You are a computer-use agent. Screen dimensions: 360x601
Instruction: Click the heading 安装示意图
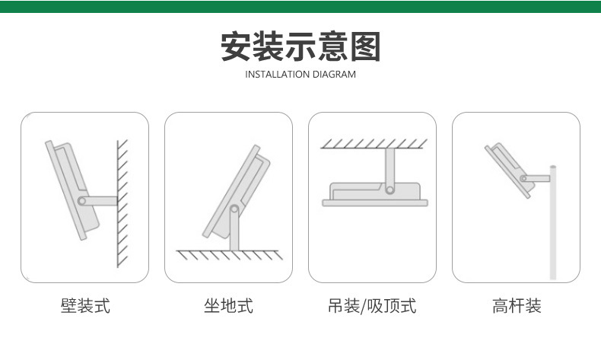click(300, 46)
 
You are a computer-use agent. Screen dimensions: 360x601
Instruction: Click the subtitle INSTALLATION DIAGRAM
click(300, 75)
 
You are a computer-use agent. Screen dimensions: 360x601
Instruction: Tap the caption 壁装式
click(85, 307)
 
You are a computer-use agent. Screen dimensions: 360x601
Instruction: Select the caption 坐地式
click(228, 307)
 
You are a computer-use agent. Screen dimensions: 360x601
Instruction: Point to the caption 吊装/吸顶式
click(372, 307)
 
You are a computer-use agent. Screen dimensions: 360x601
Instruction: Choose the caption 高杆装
click(517, 307)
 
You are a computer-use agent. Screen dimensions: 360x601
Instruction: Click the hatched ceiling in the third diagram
click(372, 143)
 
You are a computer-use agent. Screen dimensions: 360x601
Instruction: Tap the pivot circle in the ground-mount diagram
click(235, 209)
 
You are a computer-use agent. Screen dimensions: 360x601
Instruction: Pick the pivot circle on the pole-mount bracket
click(525, 178)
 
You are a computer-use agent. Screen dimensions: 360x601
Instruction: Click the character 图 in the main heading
click(364, 46)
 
